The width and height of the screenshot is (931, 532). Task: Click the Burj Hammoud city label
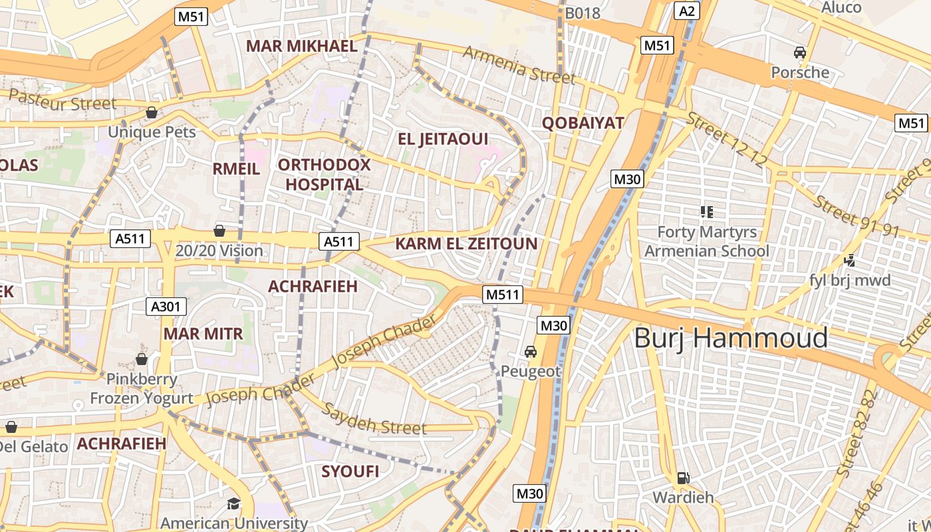[731, 338]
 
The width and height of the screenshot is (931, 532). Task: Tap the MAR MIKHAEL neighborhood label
[302, 46]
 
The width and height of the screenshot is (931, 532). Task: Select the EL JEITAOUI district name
[443, 139]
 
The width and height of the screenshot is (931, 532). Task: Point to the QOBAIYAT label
[583, 122]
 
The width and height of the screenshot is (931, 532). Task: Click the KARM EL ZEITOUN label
[466, 243]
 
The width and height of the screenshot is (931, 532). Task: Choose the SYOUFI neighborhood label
[350, 471]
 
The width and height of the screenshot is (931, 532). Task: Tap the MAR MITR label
[203, 333]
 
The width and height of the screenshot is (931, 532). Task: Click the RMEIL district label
[236, 169]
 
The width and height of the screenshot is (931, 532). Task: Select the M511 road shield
[503, 295]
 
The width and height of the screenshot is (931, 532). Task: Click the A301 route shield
[166, 307]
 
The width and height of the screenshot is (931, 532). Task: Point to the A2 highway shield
[687, 10]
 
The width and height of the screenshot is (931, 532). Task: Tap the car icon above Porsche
[800, 53]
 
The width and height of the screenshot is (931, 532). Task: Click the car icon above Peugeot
[531, 351]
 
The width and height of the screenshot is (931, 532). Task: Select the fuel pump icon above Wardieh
[682, 477]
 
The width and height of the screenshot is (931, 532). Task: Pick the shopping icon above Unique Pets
[152, 112]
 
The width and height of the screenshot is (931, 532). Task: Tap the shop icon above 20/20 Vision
[219, 231]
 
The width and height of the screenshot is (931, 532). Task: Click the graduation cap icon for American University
[233, 503]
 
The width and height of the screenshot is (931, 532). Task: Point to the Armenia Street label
[519, 65]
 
